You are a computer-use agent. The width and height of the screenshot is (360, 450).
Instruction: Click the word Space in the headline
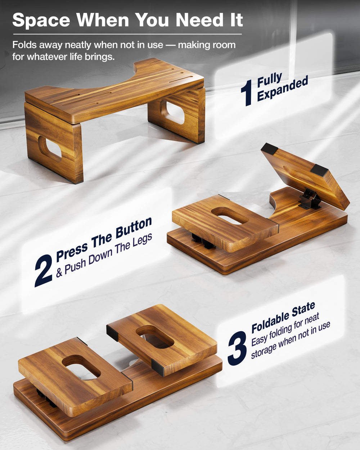pos(41,21)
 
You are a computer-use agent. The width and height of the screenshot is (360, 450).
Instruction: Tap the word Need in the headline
pos(199,20)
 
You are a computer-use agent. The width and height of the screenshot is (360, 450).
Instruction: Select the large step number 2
pos(43,270)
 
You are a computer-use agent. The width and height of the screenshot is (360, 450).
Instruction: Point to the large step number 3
pos(237,348)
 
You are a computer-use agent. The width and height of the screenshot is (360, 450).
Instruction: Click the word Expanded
pos(282,89)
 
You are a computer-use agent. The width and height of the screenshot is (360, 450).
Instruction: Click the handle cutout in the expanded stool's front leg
pos(50,149)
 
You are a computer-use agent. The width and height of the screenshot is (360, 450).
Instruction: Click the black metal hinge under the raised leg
pos(310,199)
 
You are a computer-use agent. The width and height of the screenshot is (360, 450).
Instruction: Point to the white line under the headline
pos(127,34)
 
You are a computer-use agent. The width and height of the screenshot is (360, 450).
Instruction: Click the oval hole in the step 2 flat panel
pos(230,216)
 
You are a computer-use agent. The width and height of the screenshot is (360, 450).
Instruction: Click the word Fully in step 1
pos(270,80)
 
